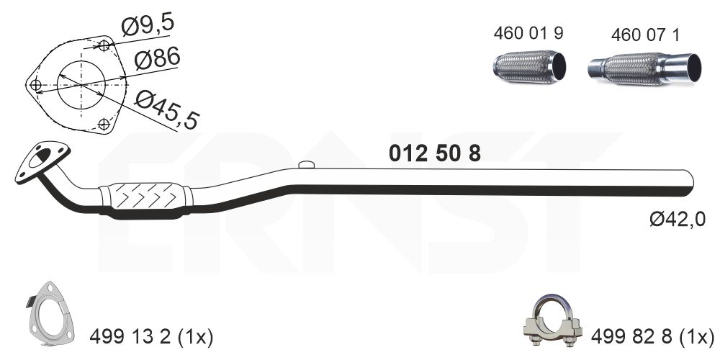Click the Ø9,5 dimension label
147,27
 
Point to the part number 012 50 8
434,153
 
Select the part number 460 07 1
644,34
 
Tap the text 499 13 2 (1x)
151,336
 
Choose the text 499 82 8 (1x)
653,336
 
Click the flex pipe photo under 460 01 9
529,68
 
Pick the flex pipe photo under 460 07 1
644,68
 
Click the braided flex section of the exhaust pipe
145,196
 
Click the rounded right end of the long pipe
688,177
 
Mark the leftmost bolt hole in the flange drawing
36,85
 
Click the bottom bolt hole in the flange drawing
104,122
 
